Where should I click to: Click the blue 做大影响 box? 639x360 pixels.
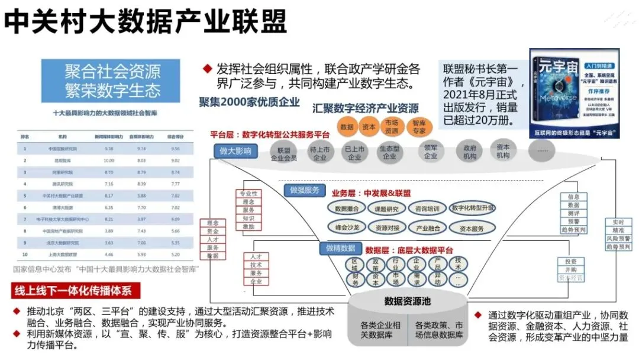(x=235, y=151)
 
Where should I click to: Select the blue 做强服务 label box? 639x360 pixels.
(x=305, y=190)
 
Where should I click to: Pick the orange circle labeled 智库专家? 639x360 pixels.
(x=419, y=127)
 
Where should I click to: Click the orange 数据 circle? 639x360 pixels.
(x=347, y=127)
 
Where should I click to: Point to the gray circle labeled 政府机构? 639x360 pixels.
(x=470, y=152)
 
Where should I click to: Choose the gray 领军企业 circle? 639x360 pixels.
(x=430, y=151)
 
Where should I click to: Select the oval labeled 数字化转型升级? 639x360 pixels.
(x=472, y=208)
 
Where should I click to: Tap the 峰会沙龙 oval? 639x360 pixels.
(x=348, y=227)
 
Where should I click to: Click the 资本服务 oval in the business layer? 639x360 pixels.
(x=470, y=228)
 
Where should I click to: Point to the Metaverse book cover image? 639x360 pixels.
(x=574, y=93)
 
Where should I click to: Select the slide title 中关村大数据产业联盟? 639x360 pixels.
(x=146, y=22)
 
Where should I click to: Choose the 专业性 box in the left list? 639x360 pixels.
(x=248, y=194)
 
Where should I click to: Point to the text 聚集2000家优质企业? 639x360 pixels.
(x=249, y=101)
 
